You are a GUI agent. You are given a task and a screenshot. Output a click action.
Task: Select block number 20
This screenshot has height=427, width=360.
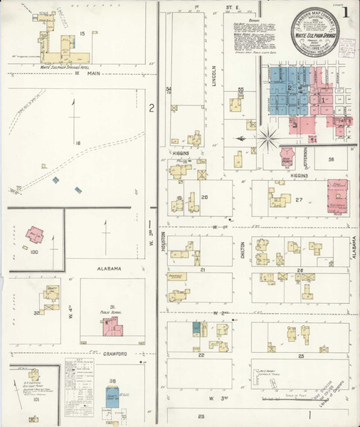tap(204, 197)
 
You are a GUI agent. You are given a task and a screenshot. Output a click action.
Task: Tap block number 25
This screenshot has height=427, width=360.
tap(301, 354)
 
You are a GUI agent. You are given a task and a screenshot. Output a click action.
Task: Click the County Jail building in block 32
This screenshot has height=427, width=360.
tap(51, 295)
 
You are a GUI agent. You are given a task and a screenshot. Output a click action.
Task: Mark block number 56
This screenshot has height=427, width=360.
tap(331, 160)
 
